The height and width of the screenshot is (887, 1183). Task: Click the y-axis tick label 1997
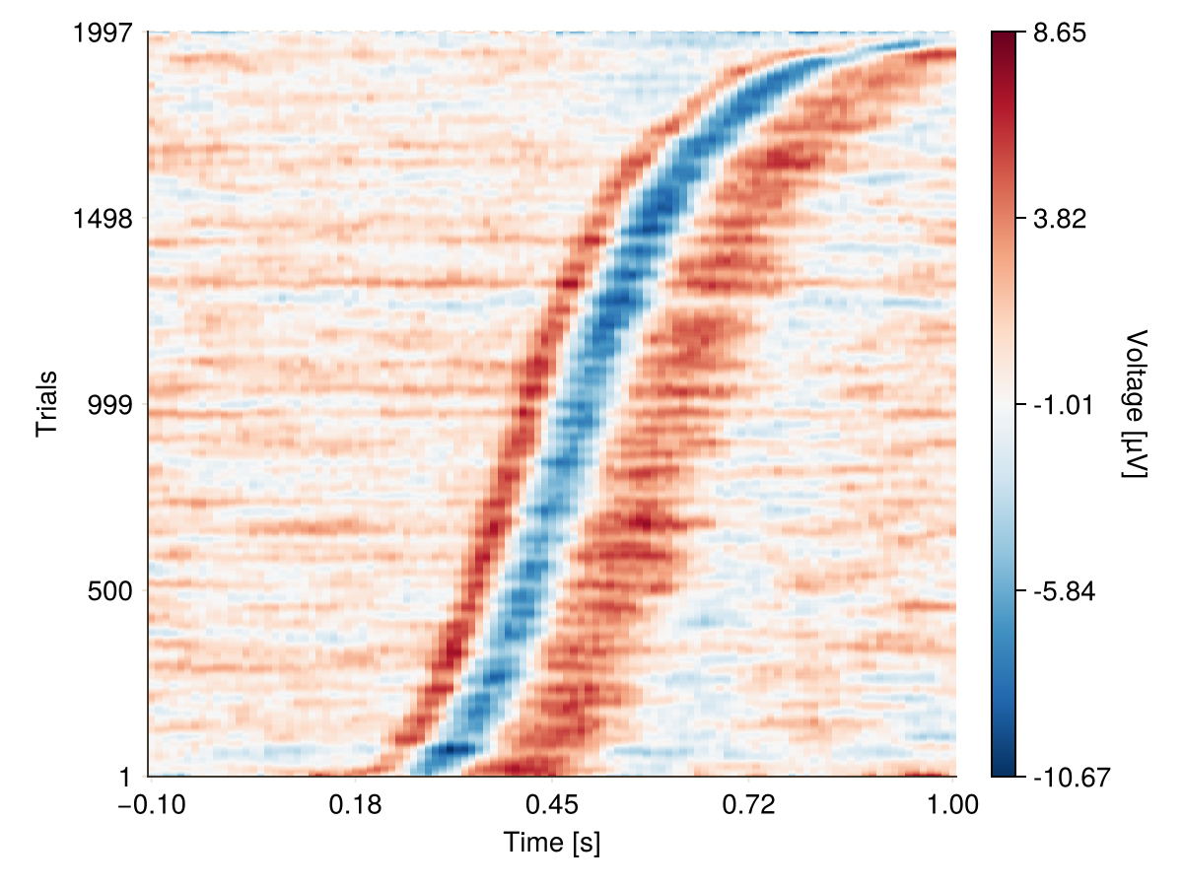point(104,33)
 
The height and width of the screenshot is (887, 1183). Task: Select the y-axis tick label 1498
point(104,218)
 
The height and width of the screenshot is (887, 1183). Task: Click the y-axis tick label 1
point(126,778)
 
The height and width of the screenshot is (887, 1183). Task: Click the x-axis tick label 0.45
point(552,805)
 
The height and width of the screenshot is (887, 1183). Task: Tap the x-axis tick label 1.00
point(954,805)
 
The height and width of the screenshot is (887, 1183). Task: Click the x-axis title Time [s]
point(552,844)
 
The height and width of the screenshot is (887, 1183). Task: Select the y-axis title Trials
point(46,404)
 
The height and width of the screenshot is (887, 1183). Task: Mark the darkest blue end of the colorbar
point(1003,773)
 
